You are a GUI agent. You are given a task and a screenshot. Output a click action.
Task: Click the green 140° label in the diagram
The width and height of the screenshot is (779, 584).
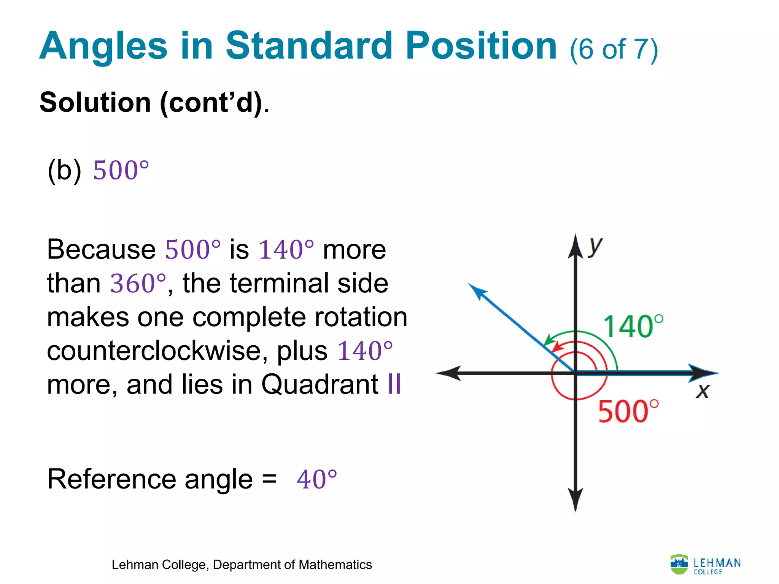tap(633, 327)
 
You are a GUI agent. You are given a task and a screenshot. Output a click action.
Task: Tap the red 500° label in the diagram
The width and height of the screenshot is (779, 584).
tap(628, 411)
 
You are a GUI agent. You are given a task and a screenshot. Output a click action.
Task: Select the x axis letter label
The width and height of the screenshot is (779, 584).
tap(703, 391)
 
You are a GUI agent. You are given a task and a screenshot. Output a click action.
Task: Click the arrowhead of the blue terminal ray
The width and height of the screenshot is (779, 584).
tap(476, 291)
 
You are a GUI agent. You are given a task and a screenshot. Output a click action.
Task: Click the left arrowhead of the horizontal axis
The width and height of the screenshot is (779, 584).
tap(449, 373)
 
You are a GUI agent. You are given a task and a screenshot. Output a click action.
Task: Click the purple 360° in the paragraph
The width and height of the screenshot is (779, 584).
tap(138, 283)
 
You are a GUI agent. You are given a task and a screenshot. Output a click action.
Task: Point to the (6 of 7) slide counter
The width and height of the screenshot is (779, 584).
tap(614, 49)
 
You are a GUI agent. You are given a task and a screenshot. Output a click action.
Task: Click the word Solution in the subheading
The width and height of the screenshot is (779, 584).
tap(95, 103)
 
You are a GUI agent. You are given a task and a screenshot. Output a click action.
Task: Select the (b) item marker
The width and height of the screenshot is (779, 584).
tap(64, 170)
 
